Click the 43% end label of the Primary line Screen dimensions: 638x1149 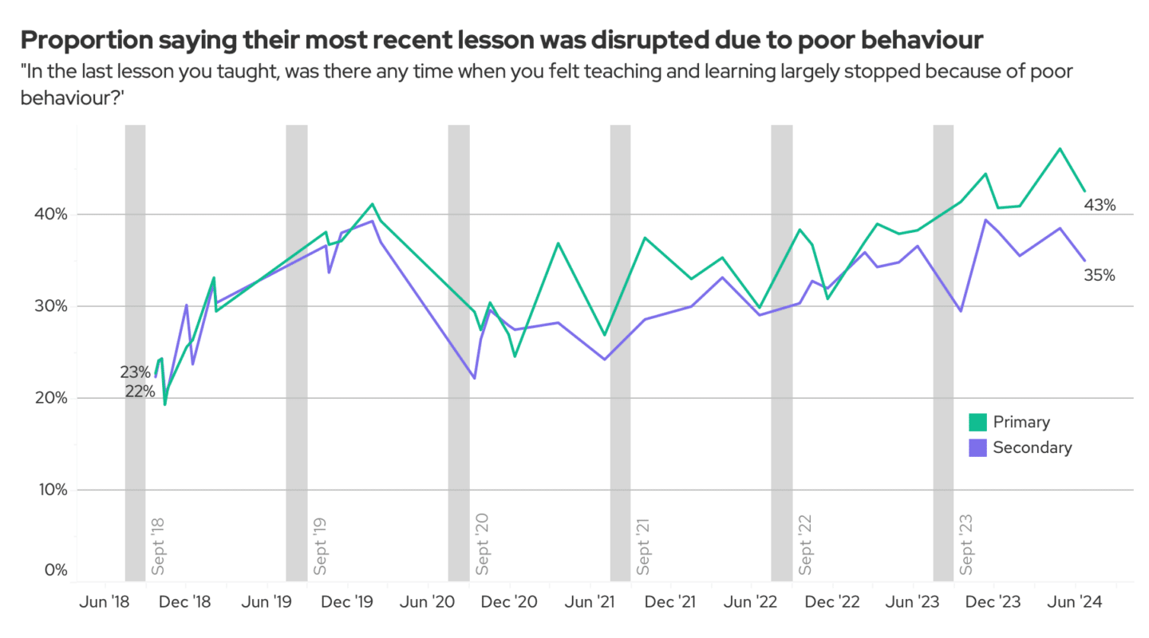point(1099,205)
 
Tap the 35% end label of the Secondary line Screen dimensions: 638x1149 point(1099,275)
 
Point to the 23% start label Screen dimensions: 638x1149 point(135,372)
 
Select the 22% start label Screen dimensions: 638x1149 point(140,391)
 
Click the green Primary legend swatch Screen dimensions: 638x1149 point(977,422)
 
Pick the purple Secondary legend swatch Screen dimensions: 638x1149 point(977,447)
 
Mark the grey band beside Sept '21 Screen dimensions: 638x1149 point(620,351)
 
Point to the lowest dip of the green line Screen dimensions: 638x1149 point(165,404)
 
